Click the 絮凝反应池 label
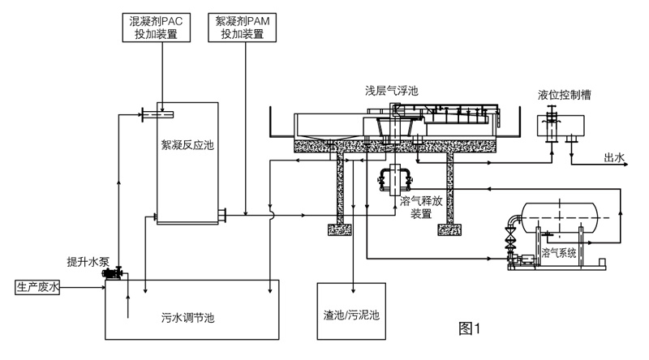187,146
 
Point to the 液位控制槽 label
564,94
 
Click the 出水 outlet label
613,157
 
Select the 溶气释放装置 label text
419,208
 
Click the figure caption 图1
471,328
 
